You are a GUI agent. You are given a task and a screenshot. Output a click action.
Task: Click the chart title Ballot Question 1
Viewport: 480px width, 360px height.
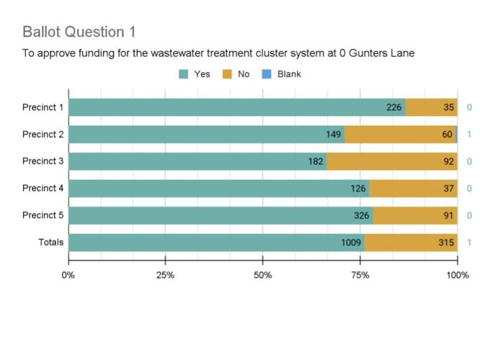79,32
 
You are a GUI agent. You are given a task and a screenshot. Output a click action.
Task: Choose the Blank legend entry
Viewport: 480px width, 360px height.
283,73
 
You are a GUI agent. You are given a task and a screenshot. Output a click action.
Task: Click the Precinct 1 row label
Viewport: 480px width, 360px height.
43,107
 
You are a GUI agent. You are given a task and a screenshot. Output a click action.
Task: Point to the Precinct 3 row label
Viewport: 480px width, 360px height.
43,161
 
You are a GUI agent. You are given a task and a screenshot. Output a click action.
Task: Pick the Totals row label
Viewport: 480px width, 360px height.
50,243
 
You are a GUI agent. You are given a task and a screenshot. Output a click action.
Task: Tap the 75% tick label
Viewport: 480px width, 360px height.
360,275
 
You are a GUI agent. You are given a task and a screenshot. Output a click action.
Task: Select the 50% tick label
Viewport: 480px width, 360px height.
262,275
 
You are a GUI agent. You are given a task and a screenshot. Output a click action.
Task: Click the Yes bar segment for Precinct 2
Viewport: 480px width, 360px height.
206,135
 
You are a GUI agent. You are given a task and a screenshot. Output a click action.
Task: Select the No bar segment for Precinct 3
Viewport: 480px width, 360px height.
391,161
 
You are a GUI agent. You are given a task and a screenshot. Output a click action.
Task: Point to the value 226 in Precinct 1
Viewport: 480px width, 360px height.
394,107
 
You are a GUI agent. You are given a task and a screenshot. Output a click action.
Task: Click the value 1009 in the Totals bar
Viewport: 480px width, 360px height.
351,243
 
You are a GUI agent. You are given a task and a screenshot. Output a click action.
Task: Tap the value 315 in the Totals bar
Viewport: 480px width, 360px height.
446,243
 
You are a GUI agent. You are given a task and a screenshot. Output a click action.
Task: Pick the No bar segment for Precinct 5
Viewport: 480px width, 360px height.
414,215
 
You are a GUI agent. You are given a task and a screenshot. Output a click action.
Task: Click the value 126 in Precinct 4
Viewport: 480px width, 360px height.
358,189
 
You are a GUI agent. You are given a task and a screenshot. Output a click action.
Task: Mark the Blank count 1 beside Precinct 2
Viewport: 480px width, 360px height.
469,135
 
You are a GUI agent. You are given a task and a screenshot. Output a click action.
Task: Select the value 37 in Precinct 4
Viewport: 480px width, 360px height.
448,189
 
